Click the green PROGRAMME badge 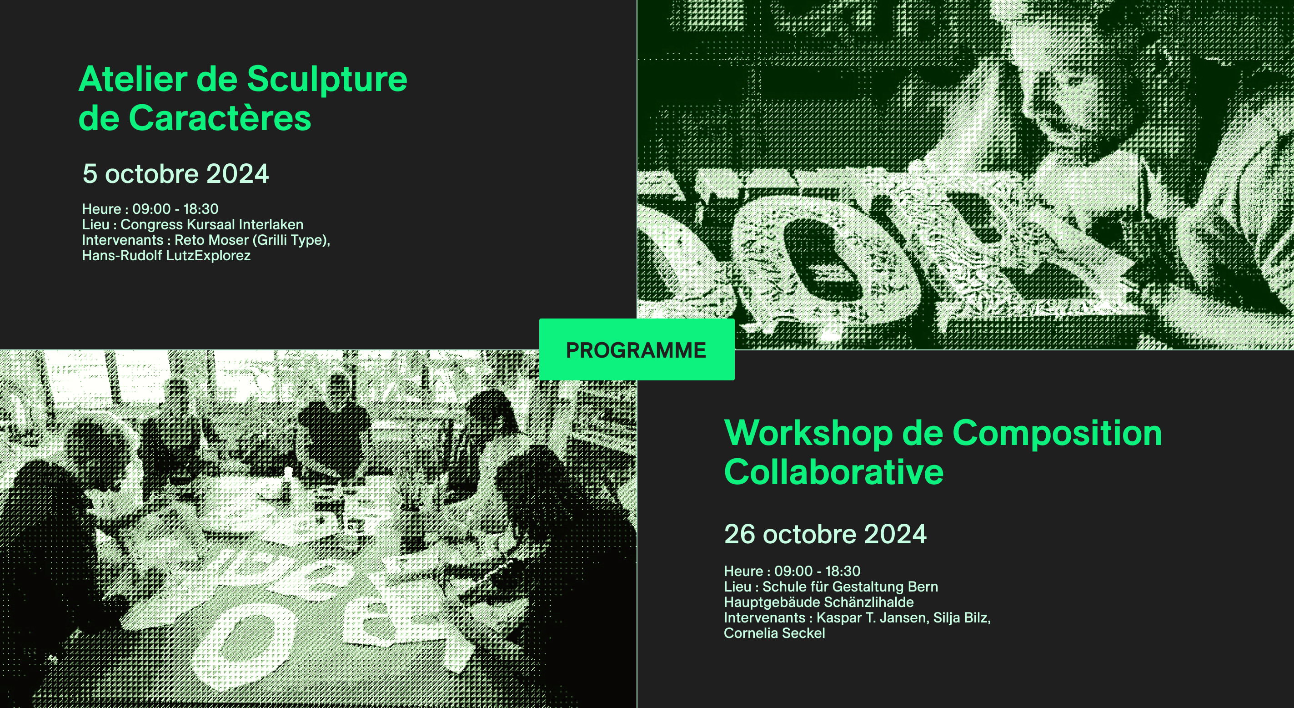pyautogui.click(x=637, y=349)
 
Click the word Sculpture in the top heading pyautogui.click(x=327, y=80)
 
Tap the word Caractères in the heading pyautogui.click(x=220, y=119)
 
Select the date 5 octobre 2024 pyautogui.click(x=176, y=174)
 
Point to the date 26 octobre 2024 pyautogui.click(x=825, y=534)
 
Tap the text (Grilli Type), pyautogui.click(x=291, y=240)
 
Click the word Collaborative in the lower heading pyautogui.click(x=834, y=472)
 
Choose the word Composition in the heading pyautogui.click(x=1057, y=433)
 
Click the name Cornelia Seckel pyautogui.click(x=775, y=633)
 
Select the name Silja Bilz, pyautogui.click(x=962, y=617)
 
